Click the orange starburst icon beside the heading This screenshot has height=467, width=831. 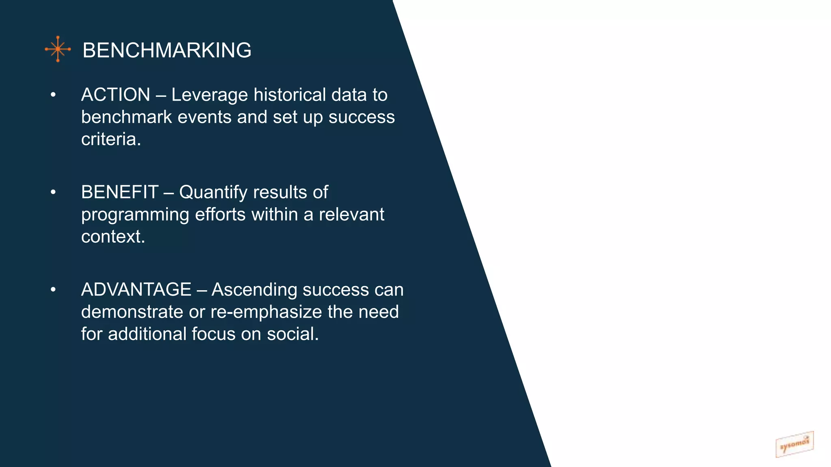click(58, 49)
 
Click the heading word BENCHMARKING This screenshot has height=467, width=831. click(167, 50)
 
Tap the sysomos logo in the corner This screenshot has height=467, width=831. click(794, 444)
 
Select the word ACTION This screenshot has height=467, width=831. click(116, 95)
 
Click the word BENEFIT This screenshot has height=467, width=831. click(120, 192)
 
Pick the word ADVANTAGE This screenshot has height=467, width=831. click(136, 289)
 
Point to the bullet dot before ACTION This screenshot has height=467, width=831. click(53, 95)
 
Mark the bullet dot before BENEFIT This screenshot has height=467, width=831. click(53, 192)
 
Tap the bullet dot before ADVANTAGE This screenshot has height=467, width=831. click(53, 289)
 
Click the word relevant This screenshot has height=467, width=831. click(351, 214)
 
